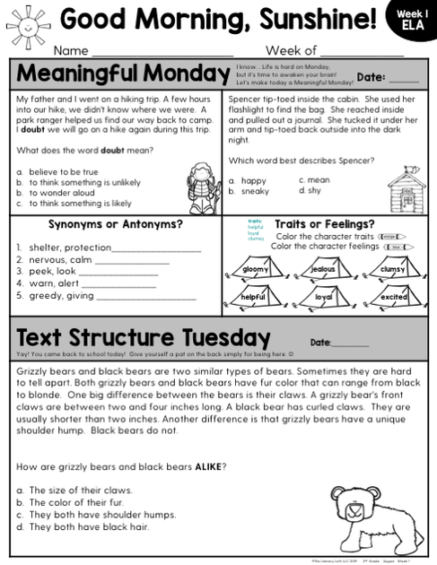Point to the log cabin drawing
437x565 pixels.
[405, 188]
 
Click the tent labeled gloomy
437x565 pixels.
[255, 268]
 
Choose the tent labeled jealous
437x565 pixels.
[323, 268]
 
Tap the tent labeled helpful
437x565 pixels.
[255, 296]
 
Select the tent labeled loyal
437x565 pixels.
[323, 296]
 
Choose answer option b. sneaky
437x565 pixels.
[249, 191]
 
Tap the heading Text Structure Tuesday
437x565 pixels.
[144, 338]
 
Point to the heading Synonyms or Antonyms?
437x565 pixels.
[115, 224]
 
